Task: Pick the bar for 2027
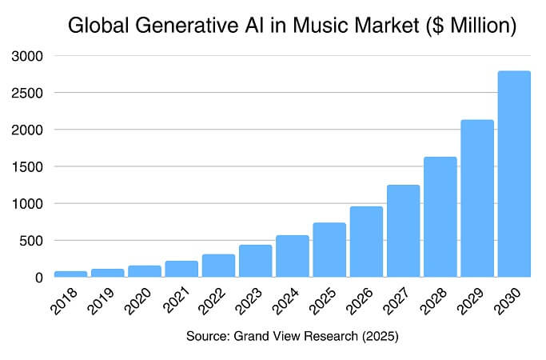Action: tap(403, 231)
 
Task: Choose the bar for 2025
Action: tap(329, 250)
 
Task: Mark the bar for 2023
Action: tap(255, 261)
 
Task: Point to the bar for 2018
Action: tap(70, 274)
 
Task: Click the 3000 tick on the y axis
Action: tap(27, 57)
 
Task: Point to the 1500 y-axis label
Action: tap(27, 167)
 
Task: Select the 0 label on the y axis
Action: tap(38, 278)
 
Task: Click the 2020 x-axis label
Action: tap(141, 302)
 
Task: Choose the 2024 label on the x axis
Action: tap(289, 302)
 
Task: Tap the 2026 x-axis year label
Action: tap(362, 302)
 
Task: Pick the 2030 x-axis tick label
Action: tap(510, 302)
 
